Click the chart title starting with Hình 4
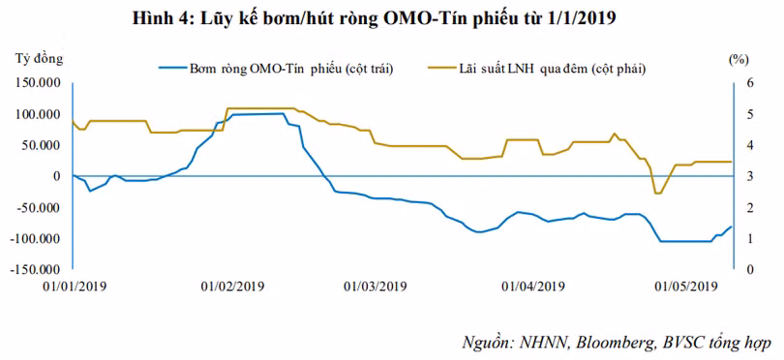pyautogui.click(x=374, y=18)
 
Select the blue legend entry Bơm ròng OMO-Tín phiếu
pyautogui.click(x=276, y=69)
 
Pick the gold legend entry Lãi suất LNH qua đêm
pyautogui.click(x=537, y=69)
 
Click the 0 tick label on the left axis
pyautogui.click(x=57, y=176)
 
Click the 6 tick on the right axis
pyautogui.click(x=743, y=83)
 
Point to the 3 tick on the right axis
pyautogui.click(x=743, y=176)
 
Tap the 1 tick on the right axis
pyautogui.click(x=743, y=239)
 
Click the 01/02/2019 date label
pyautogui.click(x=233, y=286)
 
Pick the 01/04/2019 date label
pyautogui.click(x=533, y=286)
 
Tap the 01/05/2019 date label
pyautogui.click(x=686, y=286)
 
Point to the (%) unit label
pyautogui.click(x=738, y=60)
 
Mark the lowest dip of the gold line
pyautogui.click(x=657, y=193)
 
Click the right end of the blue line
pyautogui.click(x=731, y=227)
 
